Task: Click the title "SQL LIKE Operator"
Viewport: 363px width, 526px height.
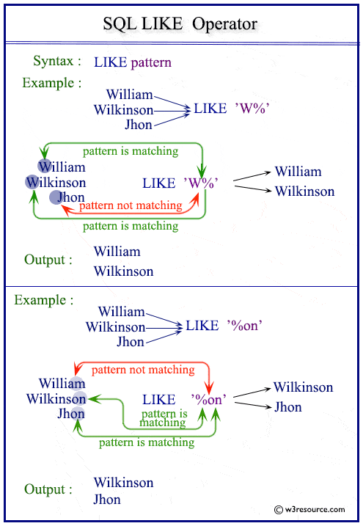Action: tap(180, 24)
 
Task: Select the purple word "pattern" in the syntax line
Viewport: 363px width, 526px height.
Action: tap(151, 62)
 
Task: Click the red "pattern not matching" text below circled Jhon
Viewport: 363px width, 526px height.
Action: tap(130, 205)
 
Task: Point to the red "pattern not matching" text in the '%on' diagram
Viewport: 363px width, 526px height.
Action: tap(143, 370)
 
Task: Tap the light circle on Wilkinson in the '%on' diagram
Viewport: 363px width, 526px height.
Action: tap(78, 398)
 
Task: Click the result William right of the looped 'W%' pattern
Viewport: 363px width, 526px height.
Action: tap(298, 172)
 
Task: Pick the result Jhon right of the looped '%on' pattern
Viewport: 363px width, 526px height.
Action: tap(288, 407)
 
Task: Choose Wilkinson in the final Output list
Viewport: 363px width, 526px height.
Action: tap(124, 483)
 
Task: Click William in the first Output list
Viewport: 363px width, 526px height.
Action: tap(117, 252)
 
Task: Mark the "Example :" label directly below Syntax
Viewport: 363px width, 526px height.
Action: tap(51, 83)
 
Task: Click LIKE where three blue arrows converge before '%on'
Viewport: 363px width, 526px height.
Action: tap(202, 326)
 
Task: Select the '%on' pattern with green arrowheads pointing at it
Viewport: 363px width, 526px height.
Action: tap(208, 399)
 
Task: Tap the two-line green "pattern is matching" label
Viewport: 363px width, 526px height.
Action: tap(163, 418)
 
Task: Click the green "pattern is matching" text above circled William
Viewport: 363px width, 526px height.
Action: tap(130, 151)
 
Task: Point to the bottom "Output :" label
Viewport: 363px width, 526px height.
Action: tap(48, 489)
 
